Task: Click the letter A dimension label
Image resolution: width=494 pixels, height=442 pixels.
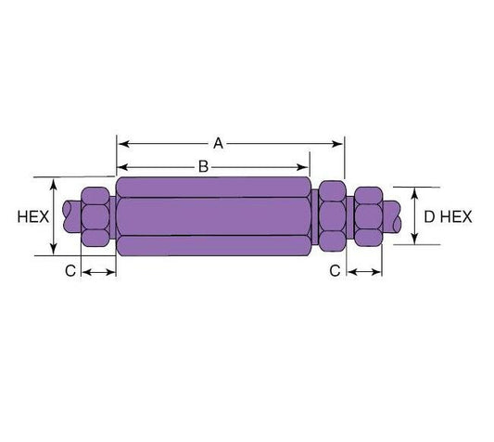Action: (x=219, y=143)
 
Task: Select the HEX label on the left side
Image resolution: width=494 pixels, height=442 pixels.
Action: (x=32, y=216)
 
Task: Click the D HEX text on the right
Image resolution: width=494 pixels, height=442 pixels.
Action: (x=448, y=216)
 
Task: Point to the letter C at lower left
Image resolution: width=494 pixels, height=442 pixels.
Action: (x=69, y=271)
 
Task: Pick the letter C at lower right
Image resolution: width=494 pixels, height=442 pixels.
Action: (x=337, y=271)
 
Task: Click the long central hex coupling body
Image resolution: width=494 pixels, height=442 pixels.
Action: (x=214, y=216)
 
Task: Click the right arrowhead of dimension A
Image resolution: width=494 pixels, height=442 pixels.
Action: (x=338, y=143)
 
